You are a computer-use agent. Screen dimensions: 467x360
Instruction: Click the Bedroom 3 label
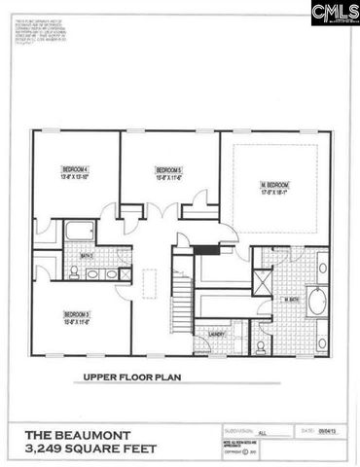[76, 314]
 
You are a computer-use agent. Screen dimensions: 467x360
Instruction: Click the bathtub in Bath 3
[80, 232]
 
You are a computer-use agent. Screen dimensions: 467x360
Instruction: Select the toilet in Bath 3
[74, 273]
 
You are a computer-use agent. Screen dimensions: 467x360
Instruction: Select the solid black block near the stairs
[207, 250]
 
